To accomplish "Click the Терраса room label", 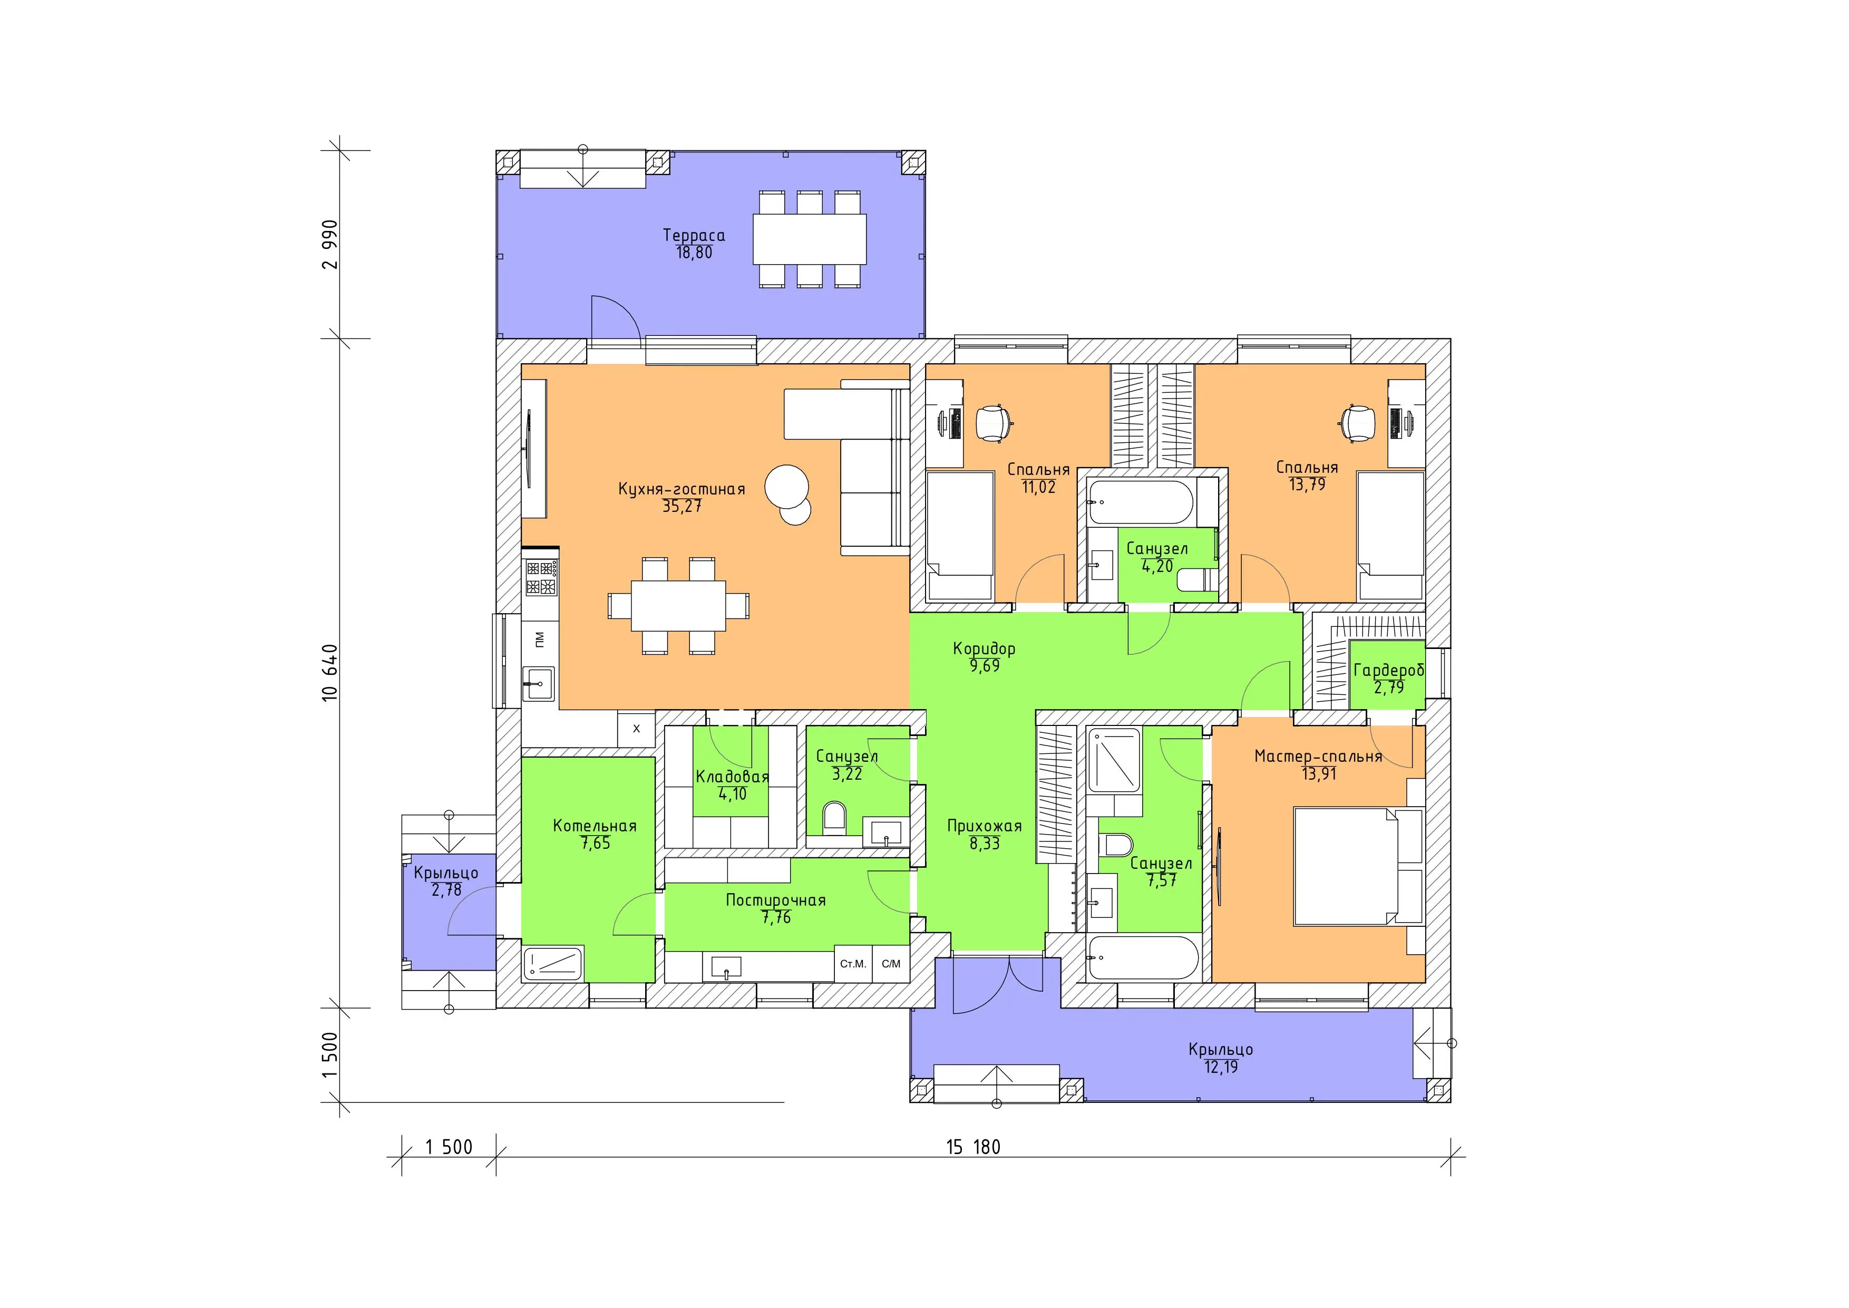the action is pyautogui.click(x=694, y=235).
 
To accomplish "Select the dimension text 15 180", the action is pyautogui.click(x=973, y=1147).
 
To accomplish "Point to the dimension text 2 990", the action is pyautogui.click(x=330, y=244).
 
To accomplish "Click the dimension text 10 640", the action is pyautogui.click(x=330, y=673).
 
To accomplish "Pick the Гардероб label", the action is pyautogui.click(x=1388, y=670).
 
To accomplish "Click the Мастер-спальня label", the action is pyautogui.click(x=1318, y=757).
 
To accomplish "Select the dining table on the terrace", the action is pyautogui.click(x=810, y=239).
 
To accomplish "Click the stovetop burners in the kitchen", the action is pyautogui.click(x=541, y=577).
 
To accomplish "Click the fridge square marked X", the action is pyautogui.click(x=636, y=728).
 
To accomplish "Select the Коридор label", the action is pyautogui.click(x=984, y=648).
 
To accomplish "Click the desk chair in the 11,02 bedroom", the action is pyautogui.click(x=994, y=423).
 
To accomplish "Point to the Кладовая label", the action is pyautogui.click(x=732, y=777).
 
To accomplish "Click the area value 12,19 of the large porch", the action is pyautogui.click(x=1221, y=1067).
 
